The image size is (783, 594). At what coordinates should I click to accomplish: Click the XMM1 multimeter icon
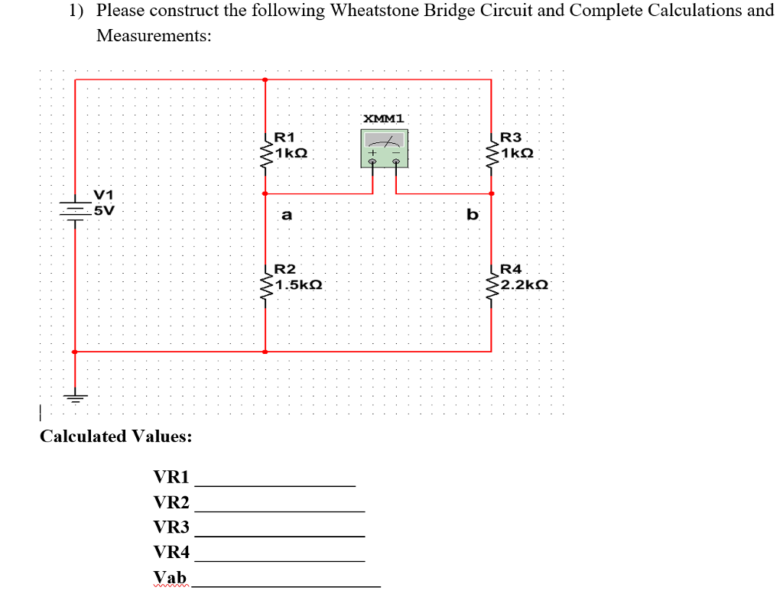click(385, 148)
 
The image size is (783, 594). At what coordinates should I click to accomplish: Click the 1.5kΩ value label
click(300, 285)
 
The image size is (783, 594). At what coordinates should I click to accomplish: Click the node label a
click(286, 216)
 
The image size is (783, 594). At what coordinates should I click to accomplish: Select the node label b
click(472, 215)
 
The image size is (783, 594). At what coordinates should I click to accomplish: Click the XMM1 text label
click(385, 118)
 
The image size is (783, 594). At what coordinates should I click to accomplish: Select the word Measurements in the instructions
click(154, 36)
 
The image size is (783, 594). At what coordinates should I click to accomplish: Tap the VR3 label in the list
click(171, 527)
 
